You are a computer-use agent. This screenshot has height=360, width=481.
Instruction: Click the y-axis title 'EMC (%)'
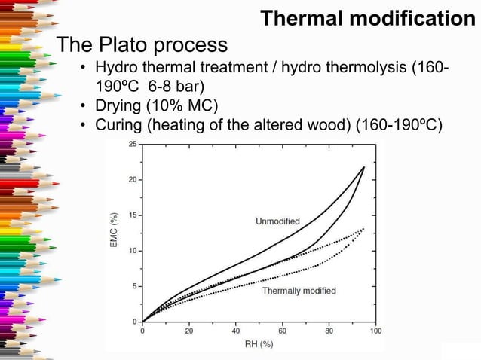point(114,230)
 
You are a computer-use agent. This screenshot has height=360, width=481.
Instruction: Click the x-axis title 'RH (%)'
point(258,345)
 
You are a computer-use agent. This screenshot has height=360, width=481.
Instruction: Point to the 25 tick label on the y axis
point(133,144)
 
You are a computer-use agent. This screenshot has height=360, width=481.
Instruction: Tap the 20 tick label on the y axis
point(133,179)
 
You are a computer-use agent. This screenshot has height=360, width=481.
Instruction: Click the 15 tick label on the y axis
point(133,215)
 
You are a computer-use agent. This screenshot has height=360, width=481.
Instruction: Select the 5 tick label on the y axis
point(135,286)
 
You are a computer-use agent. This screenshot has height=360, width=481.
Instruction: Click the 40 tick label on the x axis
point(236,331)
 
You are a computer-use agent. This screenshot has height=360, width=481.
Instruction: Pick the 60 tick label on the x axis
point(283,331)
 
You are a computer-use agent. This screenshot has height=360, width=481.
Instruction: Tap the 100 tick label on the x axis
point(375,331)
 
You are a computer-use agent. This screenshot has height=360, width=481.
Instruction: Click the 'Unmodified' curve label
point(277,221)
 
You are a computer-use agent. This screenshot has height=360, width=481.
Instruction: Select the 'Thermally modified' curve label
point(299,291)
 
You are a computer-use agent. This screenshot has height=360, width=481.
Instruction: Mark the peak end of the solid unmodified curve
point(364,167)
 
